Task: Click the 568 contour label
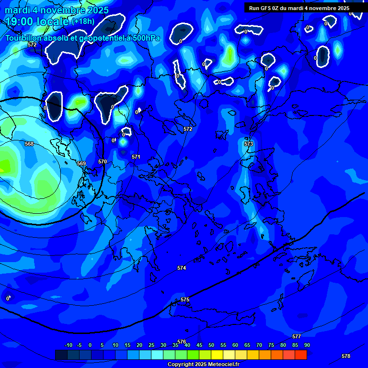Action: tap(30, 144)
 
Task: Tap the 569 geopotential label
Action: tap(81, 163)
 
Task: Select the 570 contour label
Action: tap(103, 161)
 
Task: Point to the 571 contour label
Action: tap(136, 157)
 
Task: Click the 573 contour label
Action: tap(249, 144)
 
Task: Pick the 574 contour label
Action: tap(182, 268)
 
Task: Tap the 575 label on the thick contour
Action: tap(185, 299)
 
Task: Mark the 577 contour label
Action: tap(297, 337)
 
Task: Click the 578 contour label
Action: tap(346, 356)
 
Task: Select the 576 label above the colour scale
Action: tap(182, 342)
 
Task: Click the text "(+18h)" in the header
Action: tap(83, 21)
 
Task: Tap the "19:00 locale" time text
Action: tap(37, 21)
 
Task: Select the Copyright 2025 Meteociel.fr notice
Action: tap(203, 365)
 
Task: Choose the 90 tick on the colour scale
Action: tap(307, 345)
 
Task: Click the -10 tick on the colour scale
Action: tap(69, 345)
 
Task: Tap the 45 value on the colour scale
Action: tap(199, 345)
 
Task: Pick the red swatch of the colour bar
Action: tap(300, 355)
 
